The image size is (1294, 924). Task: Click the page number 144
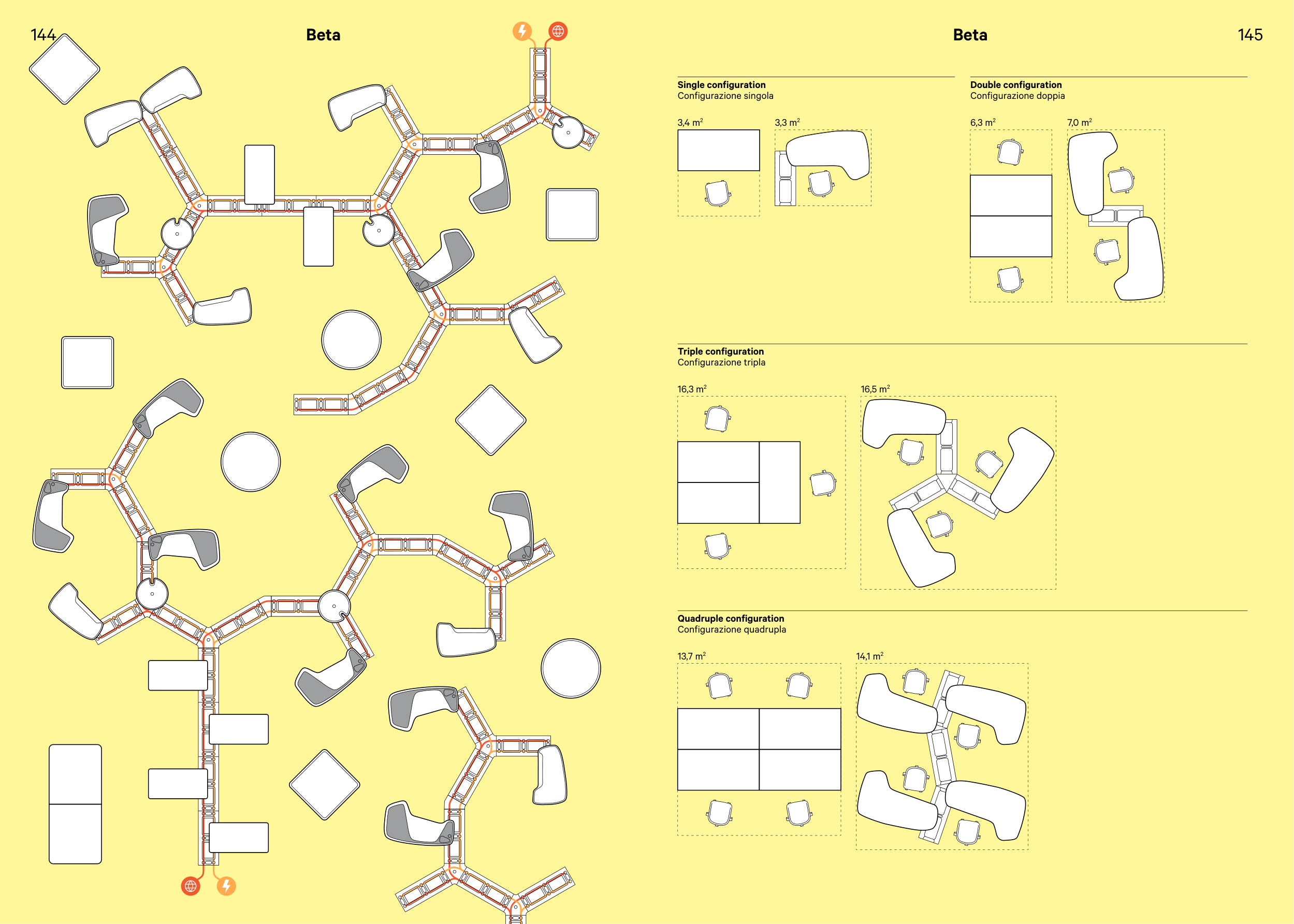(43, 35)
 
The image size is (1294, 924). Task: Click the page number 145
(1249, 35)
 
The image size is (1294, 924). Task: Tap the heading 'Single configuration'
(721, 85)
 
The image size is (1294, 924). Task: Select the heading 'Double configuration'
(1015, 85)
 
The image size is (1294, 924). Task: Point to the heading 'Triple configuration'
(720, 351)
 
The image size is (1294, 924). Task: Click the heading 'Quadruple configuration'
(730, 619)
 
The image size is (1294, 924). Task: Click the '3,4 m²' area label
(690, 122)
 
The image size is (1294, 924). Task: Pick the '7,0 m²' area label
(1079, 122)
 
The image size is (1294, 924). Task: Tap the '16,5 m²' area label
(875, 389)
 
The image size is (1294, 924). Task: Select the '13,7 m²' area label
(691, 656)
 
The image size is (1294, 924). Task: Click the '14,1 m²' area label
(869, 656)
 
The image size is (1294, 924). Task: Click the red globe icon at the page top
(558, 31)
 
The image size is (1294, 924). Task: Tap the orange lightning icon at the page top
(522, 31)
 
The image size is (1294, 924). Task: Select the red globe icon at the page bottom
(191, 886)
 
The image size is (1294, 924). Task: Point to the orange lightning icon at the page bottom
(226, 886)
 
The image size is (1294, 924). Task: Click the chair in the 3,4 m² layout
(717, 194)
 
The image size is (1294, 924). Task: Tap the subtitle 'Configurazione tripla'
(721, 362)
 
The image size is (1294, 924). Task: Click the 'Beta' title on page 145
(970, 35)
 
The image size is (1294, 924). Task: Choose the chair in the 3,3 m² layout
(821, 183)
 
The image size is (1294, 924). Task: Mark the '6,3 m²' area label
(983, 122)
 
